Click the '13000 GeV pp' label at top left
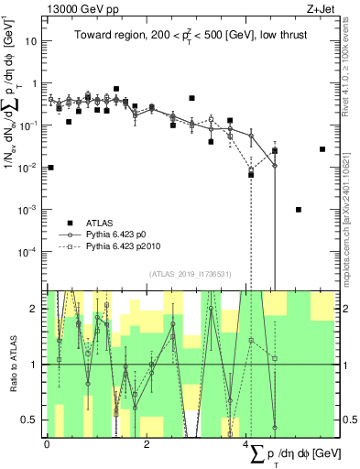click(77, 8)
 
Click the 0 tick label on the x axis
click(47, 446)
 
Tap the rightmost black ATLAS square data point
click(322, 149)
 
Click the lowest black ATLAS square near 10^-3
click(299, 210)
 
